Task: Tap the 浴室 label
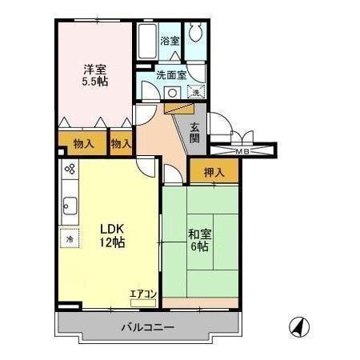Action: point(170,40)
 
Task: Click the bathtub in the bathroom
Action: point(147,42)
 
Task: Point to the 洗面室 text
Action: point(170,75)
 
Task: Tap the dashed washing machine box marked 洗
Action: point(197,92)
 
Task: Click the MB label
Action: point(242,150)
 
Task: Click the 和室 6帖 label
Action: point(199,241)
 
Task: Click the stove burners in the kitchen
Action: point(70,170)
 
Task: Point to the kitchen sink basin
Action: point(67,206)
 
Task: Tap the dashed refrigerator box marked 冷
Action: point(70,238)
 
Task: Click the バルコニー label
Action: point(148,326)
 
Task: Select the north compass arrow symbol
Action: point(297,326)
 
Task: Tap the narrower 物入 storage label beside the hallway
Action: point(122,144)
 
